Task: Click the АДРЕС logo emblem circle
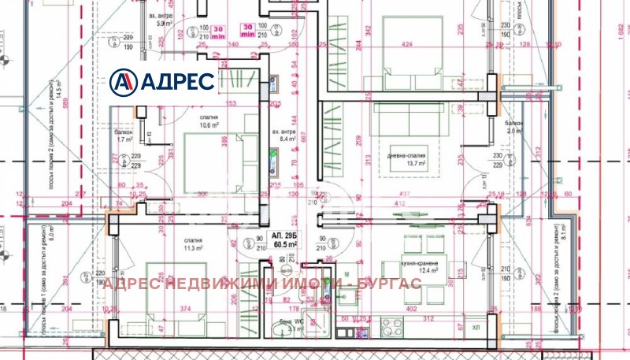click(124, 81)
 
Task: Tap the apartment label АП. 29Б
click(283, 236)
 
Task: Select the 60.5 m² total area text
click(283, 245)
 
